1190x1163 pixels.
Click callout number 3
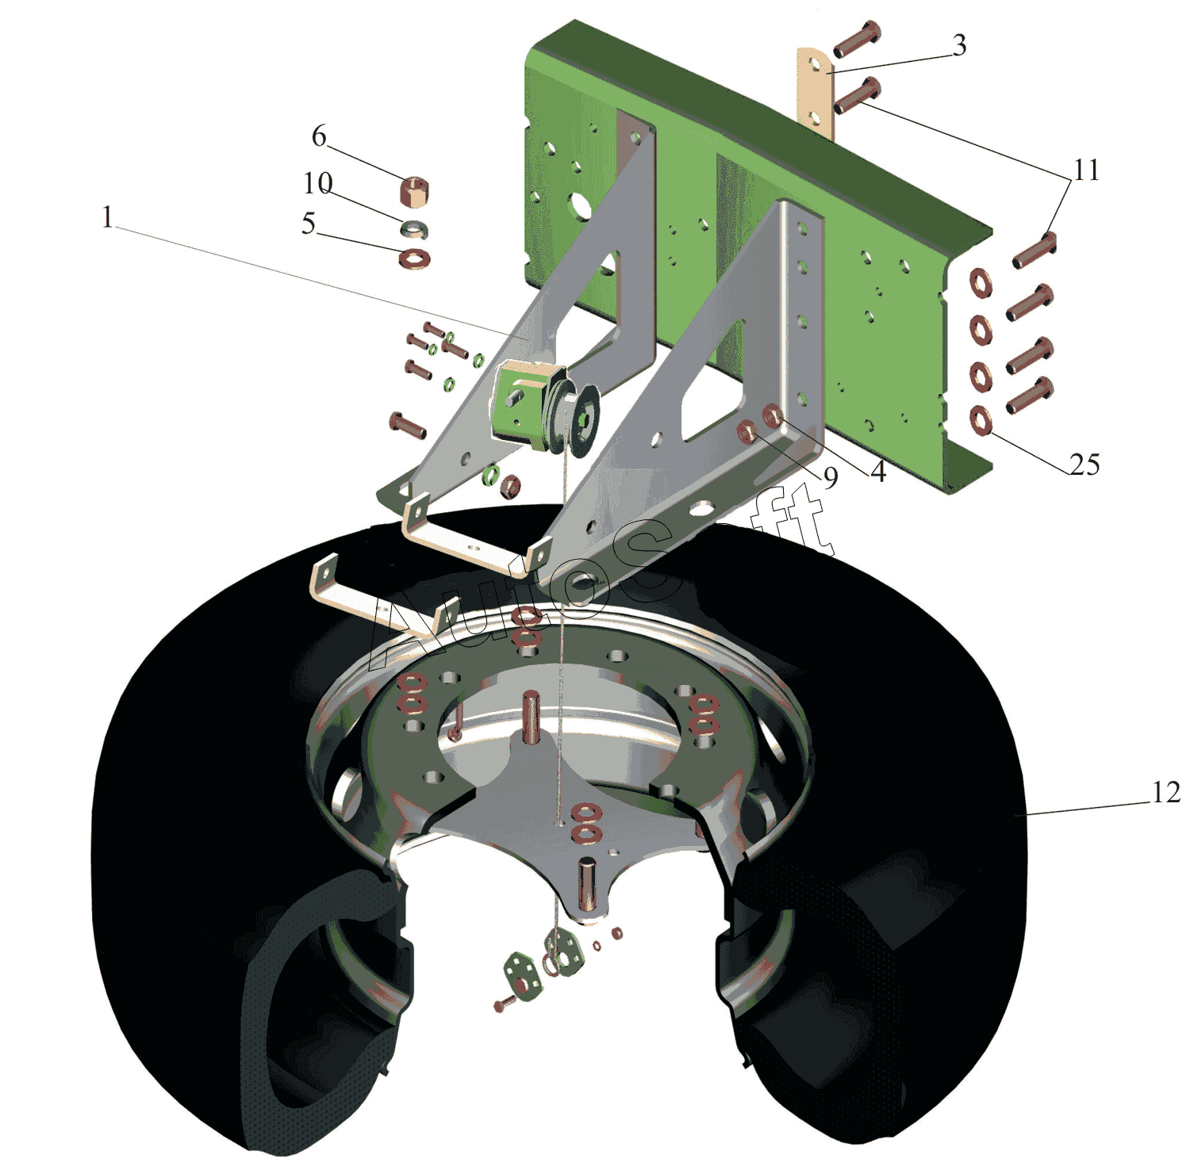point(959,45)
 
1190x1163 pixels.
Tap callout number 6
point(319,136)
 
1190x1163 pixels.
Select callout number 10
point(317,184)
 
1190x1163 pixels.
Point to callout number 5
point(309,224)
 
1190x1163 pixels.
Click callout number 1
point(108,217)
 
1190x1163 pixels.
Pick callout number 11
point(1086,170)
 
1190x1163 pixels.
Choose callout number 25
point(1084,465)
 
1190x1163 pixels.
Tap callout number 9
point(830,477)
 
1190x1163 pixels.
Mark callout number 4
point(878,472)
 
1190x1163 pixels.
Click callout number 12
point(1165,792)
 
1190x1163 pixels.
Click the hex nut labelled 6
point(414,192)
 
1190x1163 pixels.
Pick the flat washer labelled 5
point(413,258)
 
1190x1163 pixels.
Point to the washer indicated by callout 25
point(981,420)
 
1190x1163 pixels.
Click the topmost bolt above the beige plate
point(857,39)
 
